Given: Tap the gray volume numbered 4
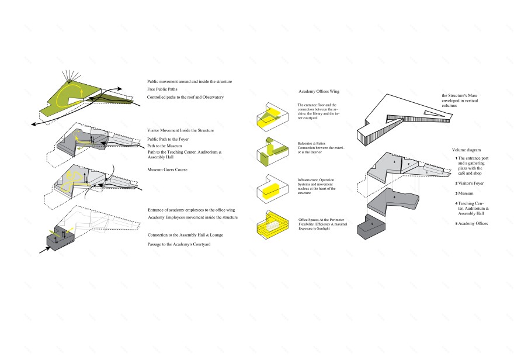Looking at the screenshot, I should click(395, 199).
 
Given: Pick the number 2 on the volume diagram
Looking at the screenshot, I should click(409, 164).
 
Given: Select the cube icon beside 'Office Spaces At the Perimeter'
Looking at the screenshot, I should click(270, 225).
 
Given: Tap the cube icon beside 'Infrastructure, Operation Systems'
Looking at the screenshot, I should click(269, 189).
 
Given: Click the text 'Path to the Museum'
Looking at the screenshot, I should click(166, 146).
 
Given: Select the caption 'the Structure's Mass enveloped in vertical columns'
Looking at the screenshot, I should click(464, 99).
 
